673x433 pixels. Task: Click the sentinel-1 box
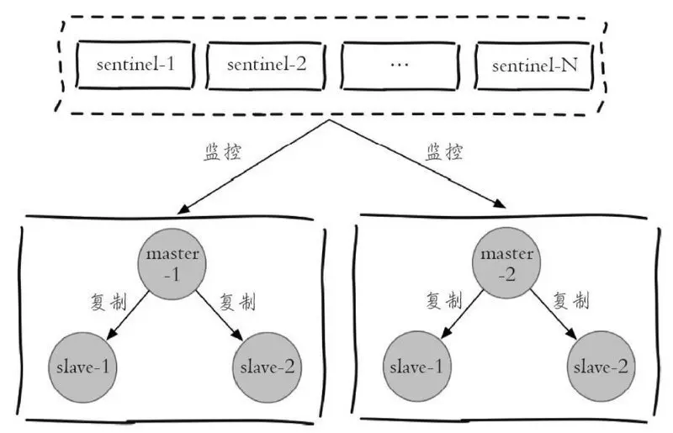[135, 64]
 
